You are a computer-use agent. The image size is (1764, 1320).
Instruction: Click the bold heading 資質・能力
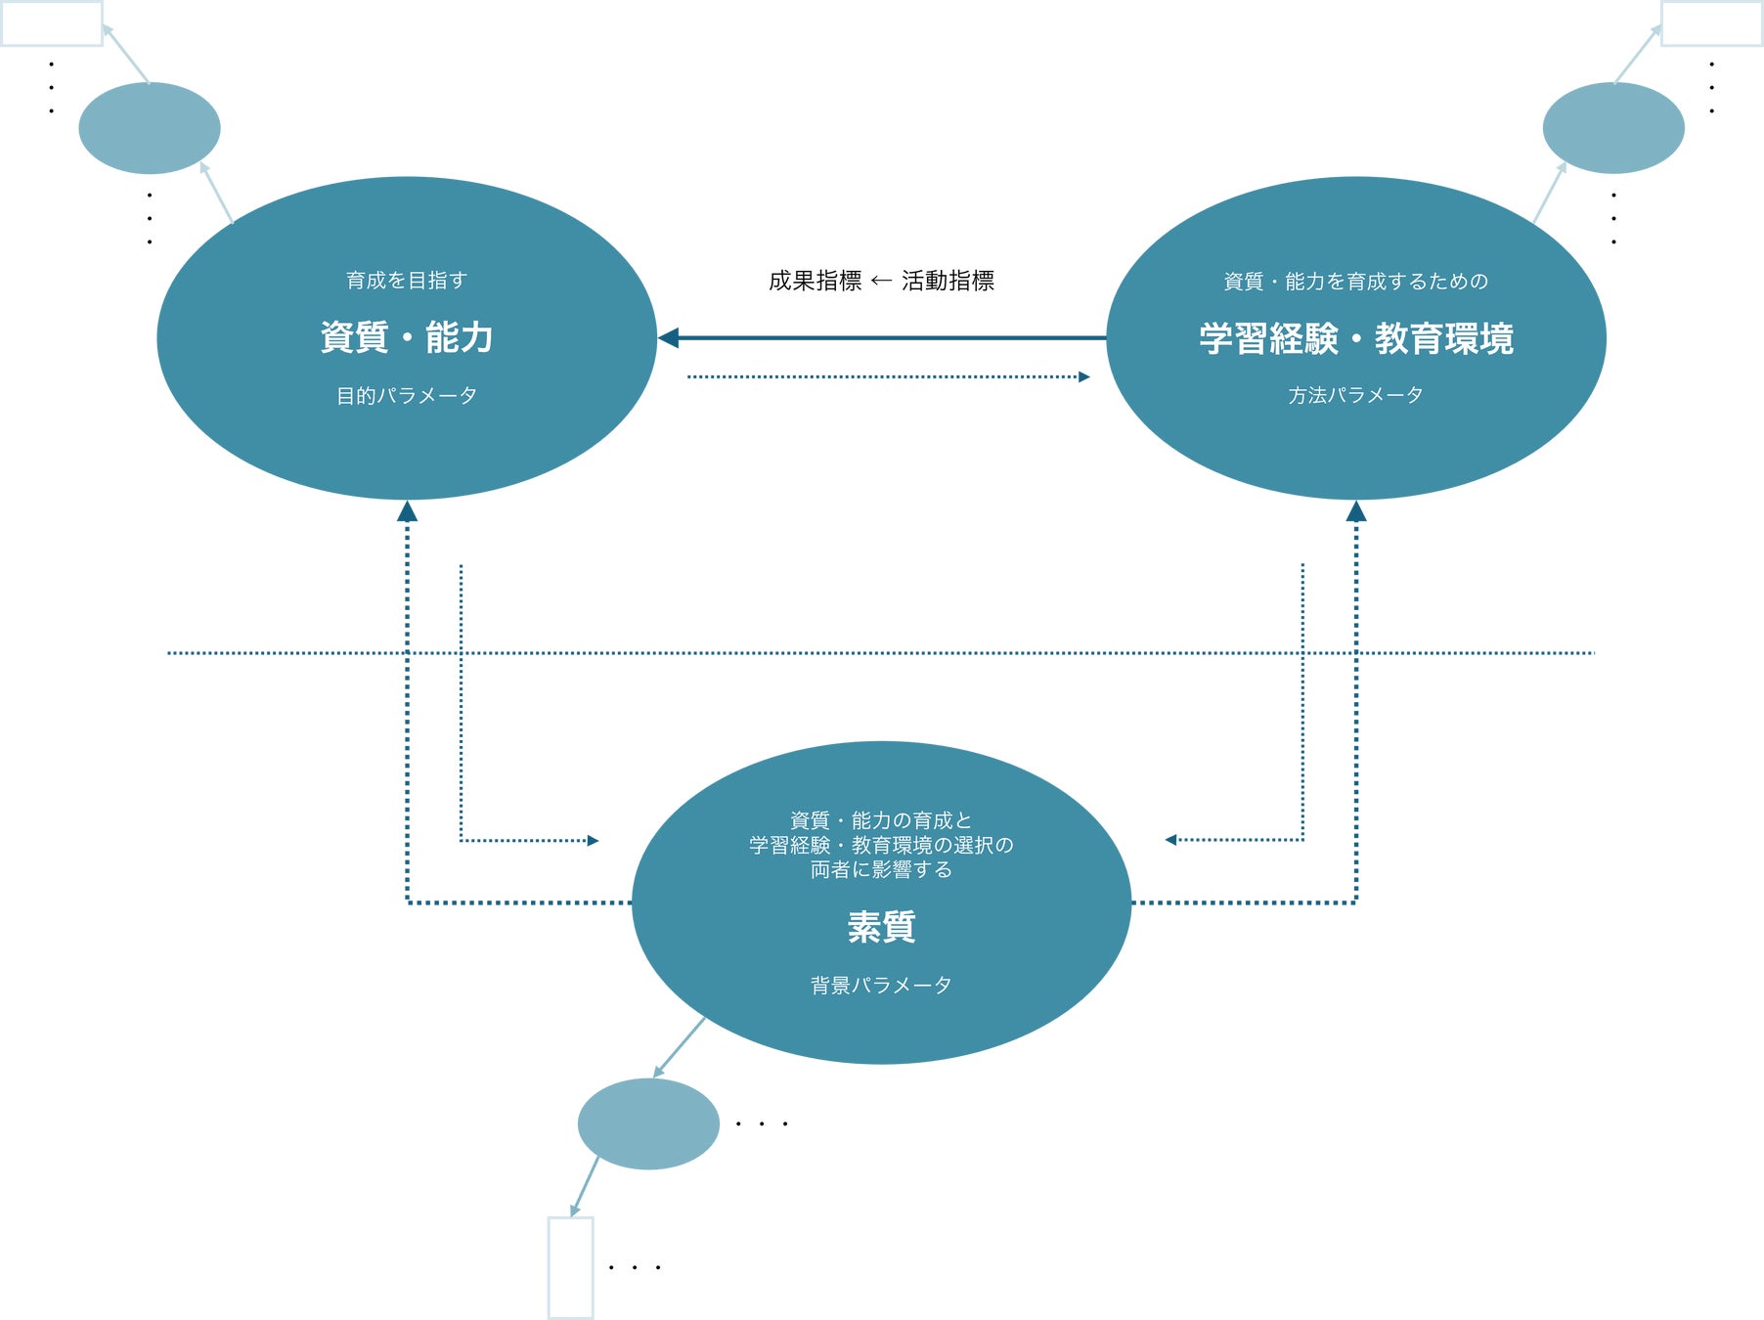pos(407,337)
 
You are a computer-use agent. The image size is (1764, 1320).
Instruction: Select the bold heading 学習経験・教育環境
pos(1356,339)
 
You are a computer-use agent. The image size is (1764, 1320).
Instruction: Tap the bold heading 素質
pos(881,927)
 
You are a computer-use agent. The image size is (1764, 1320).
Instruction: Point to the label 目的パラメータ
pos(407,396)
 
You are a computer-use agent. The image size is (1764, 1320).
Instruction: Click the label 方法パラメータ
pos(1355,395)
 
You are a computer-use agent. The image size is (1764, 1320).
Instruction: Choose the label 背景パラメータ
pos(881,986)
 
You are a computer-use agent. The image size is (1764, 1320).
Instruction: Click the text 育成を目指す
pos(407,281)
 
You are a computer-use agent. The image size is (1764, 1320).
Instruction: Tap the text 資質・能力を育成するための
pos(1356,282)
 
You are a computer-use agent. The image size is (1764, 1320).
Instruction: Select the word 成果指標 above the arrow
pos(815,282)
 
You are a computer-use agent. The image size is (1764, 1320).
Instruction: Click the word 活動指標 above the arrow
pos(948,282)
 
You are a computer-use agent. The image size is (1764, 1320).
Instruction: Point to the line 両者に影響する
pos(881,869)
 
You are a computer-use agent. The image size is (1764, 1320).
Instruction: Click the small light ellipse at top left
pos(150,128)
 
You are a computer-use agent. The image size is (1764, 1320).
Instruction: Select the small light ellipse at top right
pos(1613,128)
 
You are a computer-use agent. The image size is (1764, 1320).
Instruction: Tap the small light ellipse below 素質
pos(648,1123)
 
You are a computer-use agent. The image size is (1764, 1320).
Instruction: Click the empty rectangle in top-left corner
pos(52,23)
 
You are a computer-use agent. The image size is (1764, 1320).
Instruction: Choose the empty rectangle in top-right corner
pos(1712,23)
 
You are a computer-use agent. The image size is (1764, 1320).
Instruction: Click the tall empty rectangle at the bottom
pos(571,1267)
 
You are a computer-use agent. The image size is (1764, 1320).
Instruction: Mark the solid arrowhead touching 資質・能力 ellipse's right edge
pos(668,338)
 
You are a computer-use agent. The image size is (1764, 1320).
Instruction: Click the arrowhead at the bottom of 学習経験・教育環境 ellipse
pos(1355,511)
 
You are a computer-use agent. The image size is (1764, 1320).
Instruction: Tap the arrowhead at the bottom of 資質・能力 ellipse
pos(408,511)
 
